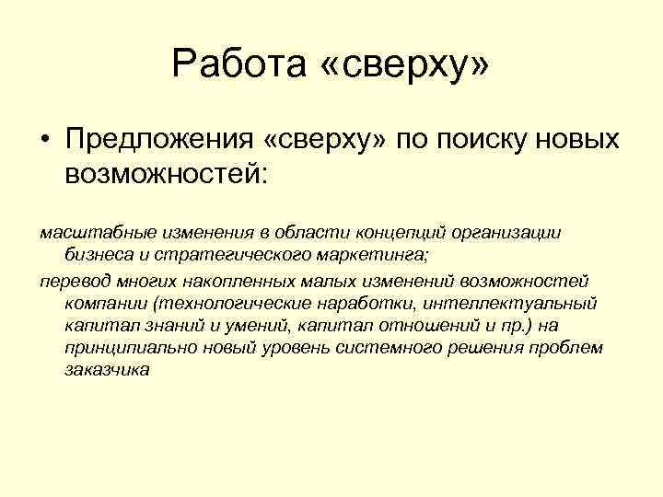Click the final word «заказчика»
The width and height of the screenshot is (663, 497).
107,370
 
